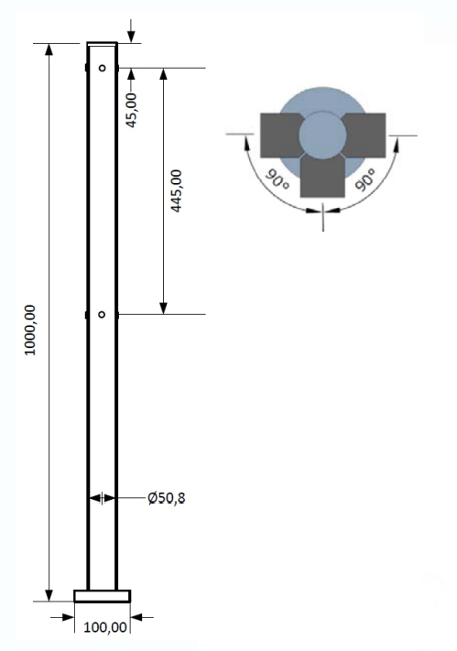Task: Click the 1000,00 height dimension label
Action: point(31,330)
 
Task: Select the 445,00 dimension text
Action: point(177,191)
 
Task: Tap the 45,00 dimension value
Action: point(131,110)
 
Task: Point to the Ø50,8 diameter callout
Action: point(167,498)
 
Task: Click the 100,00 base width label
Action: point(105,627)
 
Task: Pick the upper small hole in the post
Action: point(103,68)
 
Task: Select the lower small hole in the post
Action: point(102,315)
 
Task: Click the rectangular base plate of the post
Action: point(103,596)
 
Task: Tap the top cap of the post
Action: point(103,44)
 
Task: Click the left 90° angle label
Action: point(277,179)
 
